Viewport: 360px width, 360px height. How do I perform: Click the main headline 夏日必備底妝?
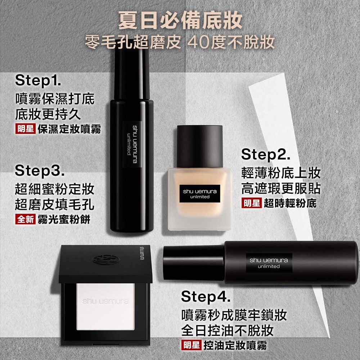pos(180,21)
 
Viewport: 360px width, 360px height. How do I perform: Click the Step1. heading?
pos(38,81)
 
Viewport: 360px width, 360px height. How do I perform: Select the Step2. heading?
pos(266,154)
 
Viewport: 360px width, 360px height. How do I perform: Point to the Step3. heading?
pos(40,171)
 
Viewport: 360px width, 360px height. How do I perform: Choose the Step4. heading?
pos(206,297)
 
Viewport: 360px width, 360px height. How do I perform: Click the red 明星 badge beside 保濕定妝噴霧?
pos(25,129)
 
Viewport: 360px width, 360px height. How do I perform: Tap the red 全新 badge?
pos(25,219)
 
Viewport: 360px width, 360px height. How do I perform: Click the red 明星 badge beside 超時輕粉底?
pos(251,203)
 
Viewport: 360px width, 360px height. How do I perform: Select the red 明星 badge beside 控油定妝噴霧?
pos(191,345)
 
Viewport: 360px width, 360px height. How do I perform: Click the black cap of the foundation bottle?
pos(200,146)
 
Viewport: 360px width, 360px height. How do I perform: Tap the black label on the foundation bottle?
pos(200,194)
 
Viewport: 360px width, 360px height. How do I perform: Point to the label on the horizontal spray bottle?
pos(269,263)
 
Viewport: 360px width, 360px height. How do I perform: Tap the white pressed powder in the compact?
pos(105,307)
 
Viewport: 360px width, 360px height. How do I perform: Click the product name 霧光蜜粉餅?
pos(64,219)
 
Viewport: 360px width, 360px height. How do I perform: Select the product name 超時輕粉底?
pos(290,203)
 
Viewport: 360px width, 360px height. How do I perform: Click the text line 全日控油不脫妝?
pos(227,330)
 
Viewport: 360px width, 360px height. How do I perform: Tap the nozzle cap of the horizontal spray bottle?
pos(193,263)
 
